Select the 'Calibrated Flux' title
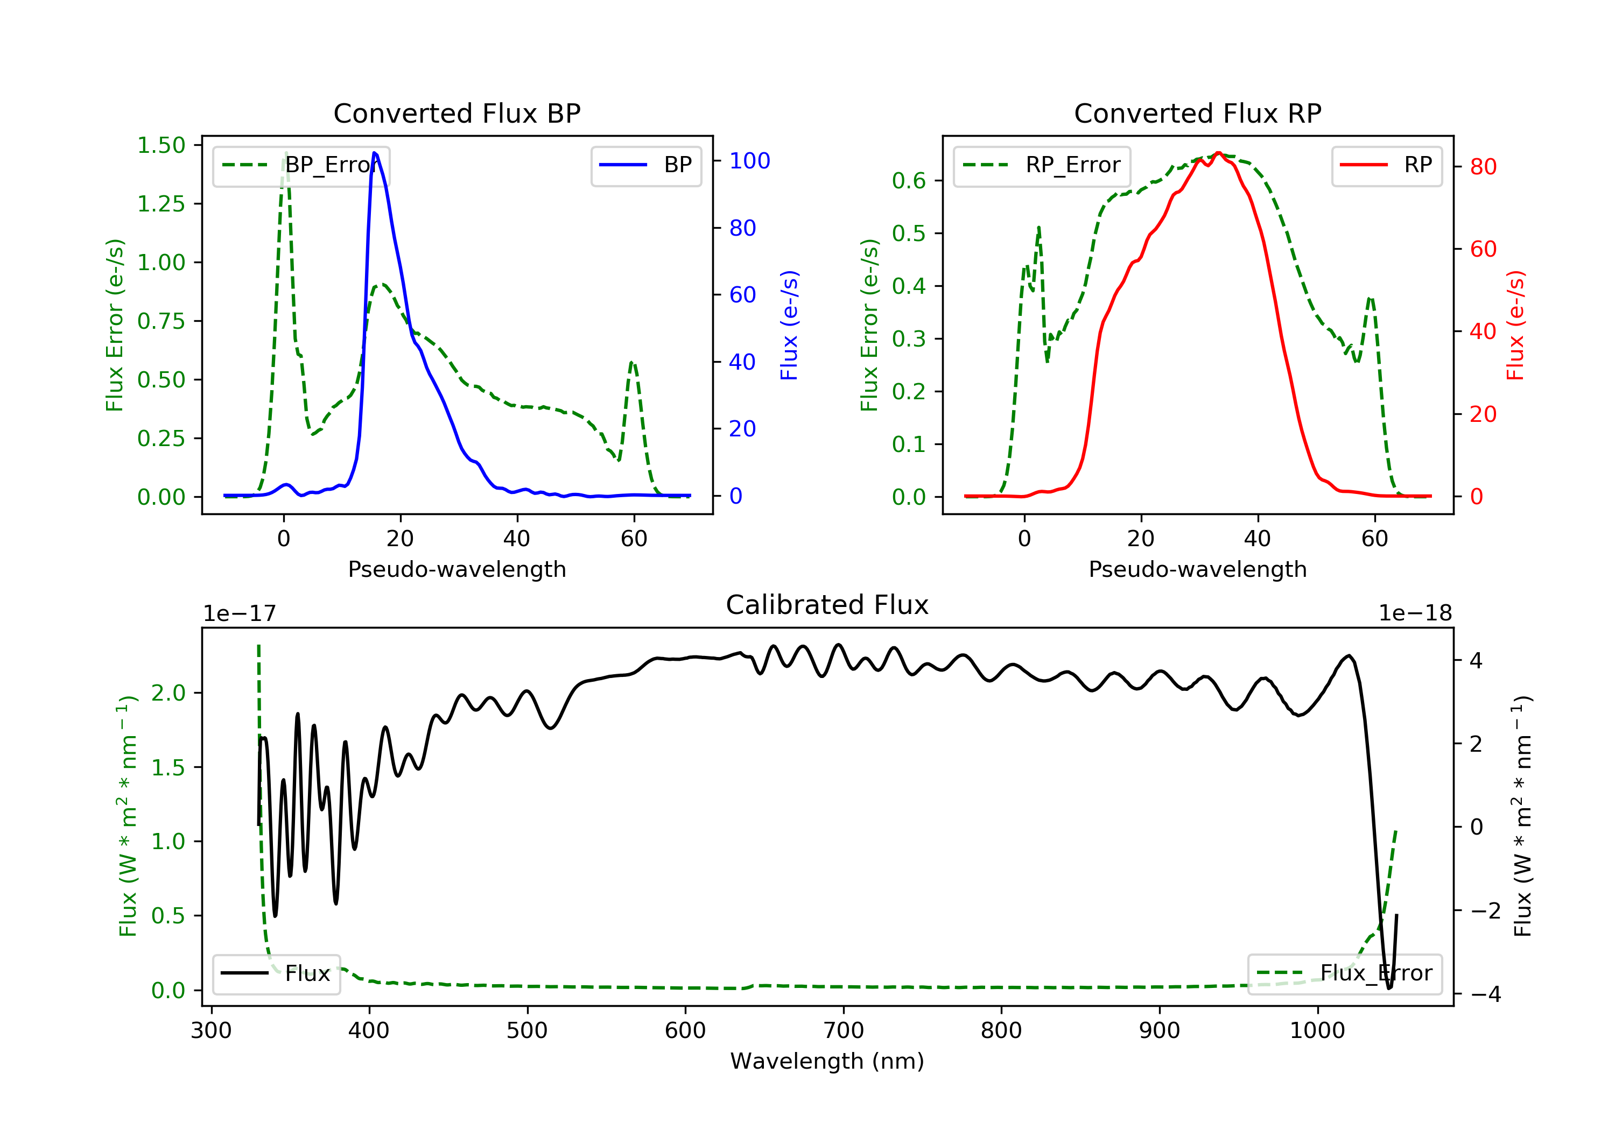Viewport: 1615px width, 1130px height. coord(827,605)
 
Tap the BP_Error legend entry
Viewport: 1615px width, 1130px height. coord(301,165)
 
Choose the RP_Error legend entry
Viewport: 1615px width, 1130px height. coord(1042,165)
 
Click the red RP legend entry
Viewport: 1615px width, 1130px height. coord(1386,165)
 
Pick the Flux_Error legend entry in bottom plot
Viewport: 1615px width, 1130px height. coord(1344,973)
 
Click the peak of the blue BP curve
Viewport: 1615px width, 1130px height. coord(374,153)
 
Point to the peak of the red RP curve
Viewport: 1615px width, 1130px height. coord(1218,153)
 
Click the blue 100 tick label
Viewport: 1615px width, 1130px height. coord(750,161)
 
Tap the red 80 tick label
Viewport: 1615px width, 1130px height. coord(1483,167)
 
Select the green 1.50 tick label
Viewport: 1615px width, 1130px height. coord(161,146)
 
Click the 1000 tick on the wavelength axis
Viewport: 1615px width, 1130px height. coord(1317,1031)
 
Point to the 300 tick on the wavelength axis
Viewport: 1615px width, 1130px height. coord(211,1031)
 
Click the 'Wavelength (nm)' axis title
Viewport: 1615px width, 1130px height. coord(827,1061)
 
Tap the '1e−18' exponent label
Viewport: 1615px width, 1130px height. coord(1415,613)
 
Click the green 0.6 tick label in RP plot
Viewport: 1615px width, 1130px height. coord(909,181)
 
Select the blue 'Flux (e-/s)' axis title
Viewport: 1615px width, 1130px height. coord(789,325)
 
